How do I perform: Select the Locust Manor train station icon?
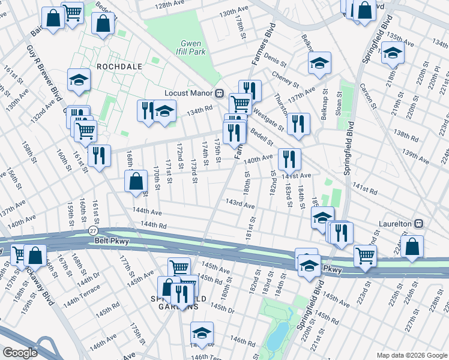click(220, 93)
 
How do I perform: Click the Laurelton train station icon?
click(419, 223)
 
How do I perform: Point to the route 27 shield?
click(92, 230)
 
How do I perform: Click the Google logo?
click(20, 353)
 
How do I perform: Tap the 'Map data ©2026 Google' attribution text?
click(411, 355)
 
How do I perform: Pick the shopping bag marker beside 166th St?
click(137, 180)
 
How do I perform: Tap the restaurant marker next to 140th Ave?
click(289, 158)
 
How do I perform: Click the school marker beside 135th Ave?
click(393, 53)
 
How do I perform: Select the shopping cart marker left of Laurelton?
click(365, 254)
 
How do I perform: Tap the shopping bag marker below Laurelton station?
click(412, 246)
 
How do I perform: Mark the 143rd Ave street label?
click(240, 205)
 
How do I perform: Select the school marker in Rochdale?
click(79, 79)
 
